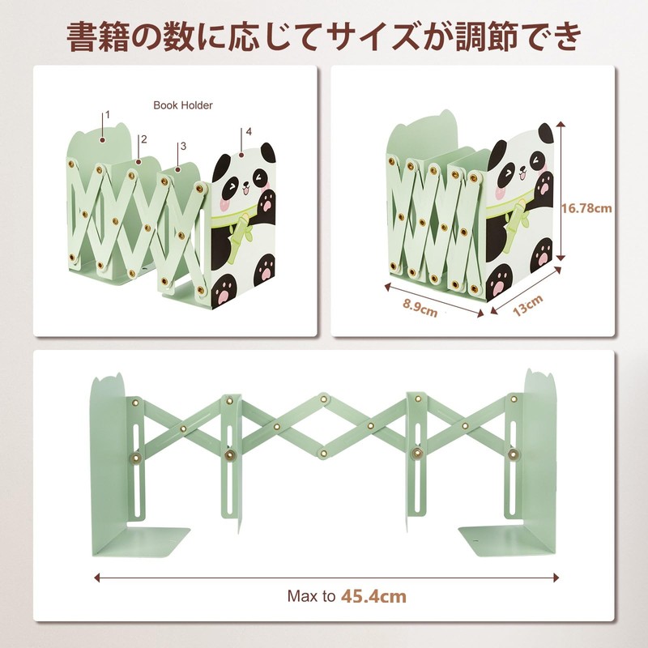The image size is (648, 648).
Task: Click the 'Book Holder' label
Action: pos(183,105)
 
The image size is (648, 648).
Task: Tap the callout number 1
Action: pos(108,115)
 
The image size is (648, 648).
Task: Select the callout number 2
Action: pos(143,139)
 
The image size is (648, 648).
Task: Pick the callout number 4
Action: pos(249,131)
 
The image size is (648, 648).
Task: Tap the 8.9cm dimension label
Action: pos(419,309)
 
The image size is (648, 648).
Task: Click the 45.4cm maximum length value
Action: pos(373,597)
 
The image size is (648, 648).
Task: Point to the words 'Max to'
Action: pos(311,597)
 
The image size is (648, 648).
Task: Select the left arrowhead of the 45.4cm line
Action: pos(97,578)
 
